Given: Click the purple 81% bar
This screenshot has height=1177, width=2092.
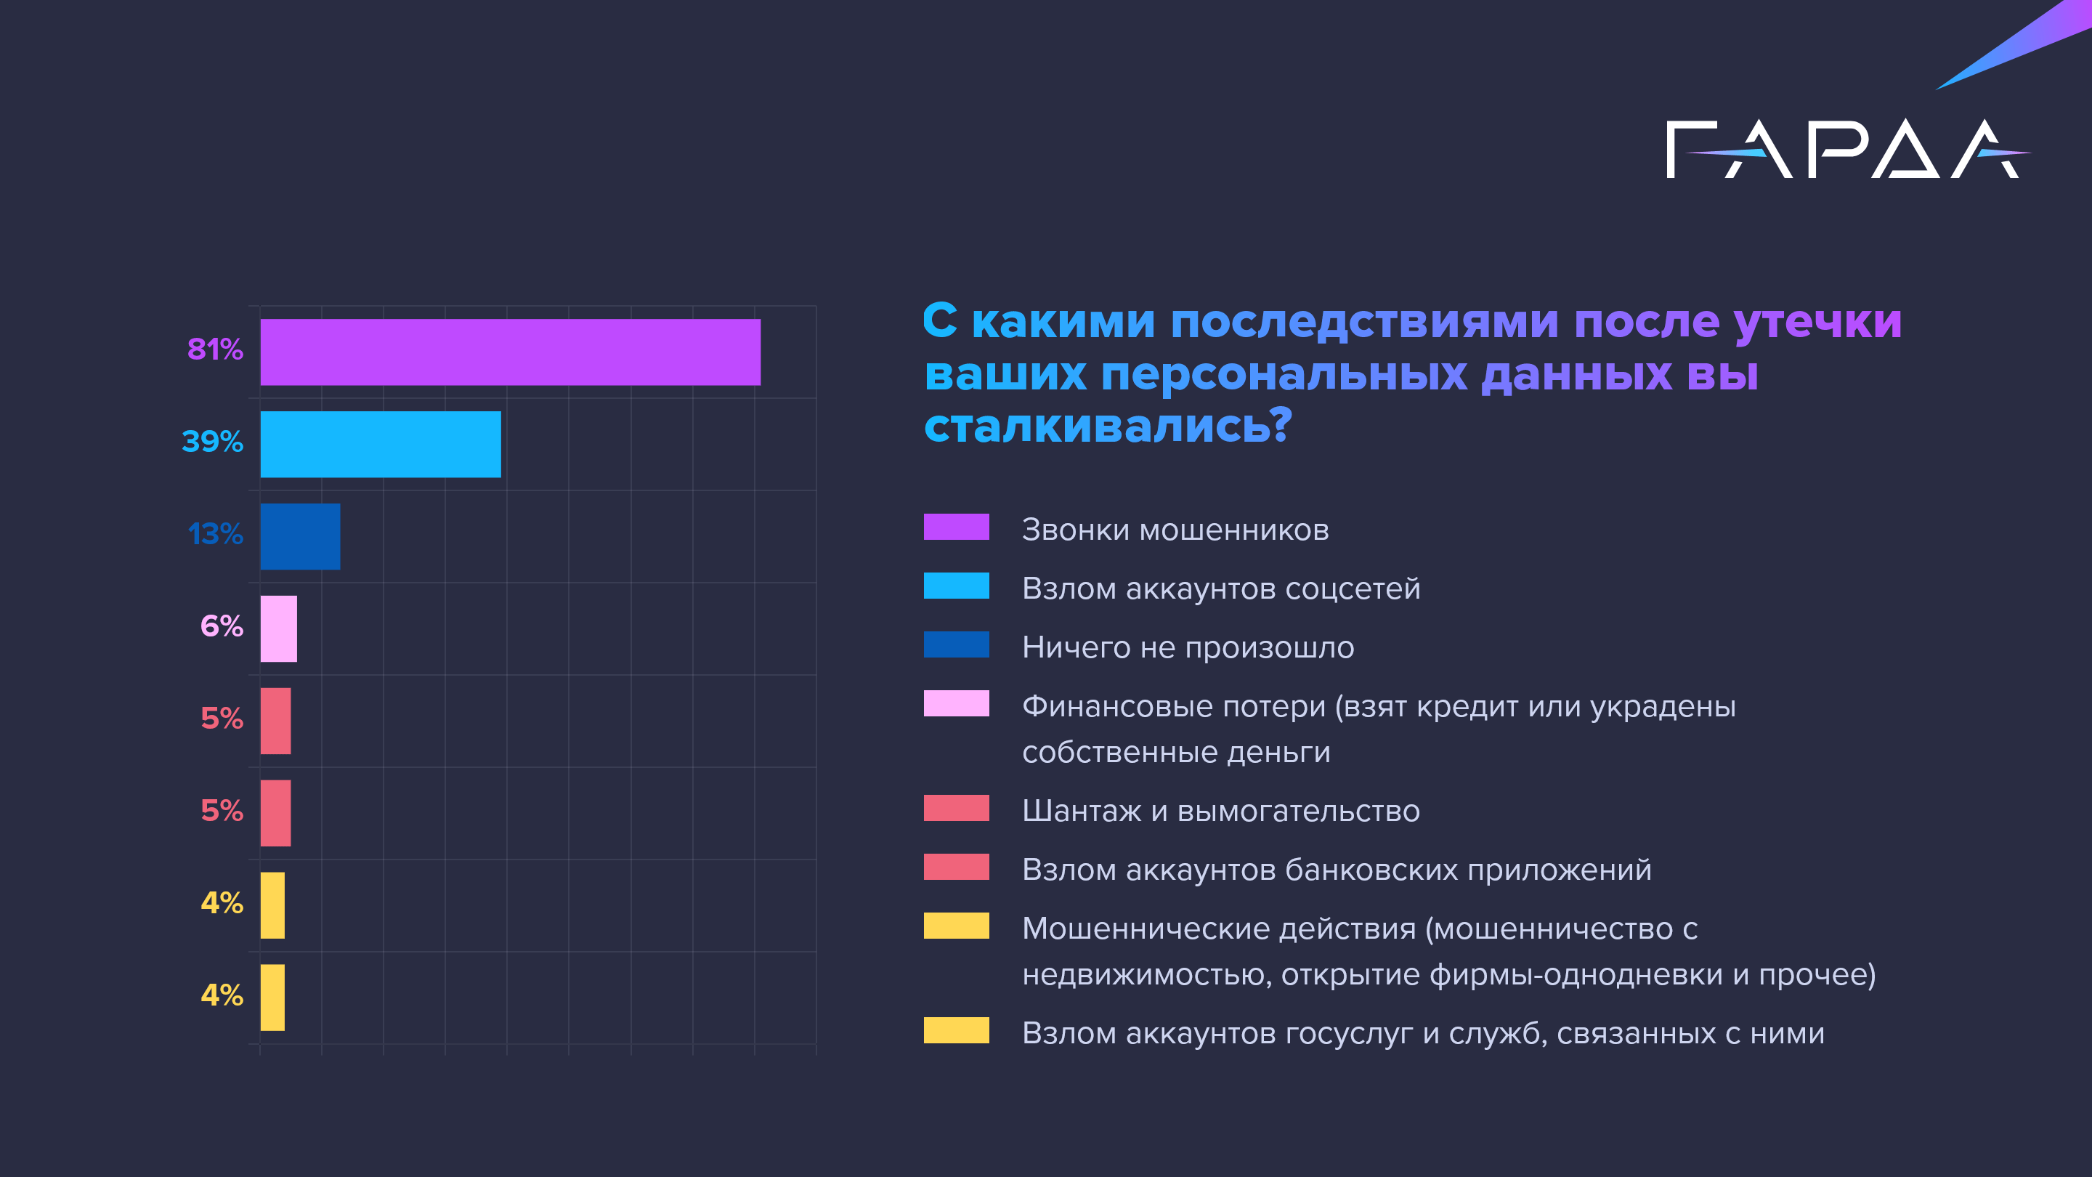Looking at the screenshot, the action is coord(510,352).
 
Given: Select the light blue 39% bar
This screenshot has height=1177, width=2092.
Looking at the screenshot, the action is coord(380,445).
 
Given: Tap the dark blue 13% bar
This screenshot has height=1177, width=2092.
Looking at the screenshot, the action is coord(300,536).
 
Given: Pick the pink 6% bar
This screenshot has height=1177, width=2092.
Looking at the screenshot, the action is coord(278,628).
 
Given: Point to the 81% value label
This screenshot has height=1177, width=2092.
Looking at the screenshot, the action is coord(215,349).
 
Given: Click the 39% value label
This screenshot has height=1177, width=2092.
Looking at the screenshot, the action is coord(213,441).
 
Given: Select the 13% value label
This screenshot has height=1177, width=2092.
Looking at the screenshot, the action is coord(215,534).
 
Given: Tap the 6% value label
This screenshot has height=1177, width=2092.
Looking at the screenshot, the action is coord(222,626).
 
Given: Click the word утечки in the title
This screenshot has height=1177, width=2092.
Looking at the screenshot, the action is coord(1817,321).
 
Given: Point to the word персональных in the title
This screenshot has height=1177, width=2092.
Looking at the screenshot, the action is coord(1284,374).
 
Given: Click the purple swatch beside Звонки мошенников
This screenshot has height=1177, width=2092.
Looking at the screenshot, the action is coord(956,526).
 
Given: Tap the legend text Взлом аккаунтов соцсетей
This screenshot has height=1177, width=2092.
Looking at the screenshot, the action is coord(1220,588).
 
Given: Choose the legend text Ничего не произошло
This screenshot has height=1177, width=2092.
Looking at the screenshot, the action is coord(1188,647).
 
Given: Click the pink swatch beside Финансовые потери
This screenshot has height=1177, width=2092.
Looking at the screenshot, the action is coord(956,703).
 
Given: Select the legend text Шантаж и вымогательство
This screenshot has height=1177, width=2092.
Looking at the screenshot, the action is coord(1220,811).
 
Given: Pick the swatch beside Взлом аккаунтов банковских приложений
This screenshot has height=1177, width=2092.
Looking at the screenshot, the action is coord(956,867).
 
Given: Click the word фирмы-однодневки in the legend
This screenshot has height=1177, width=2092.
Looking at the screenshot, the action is coord(1575,974).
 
